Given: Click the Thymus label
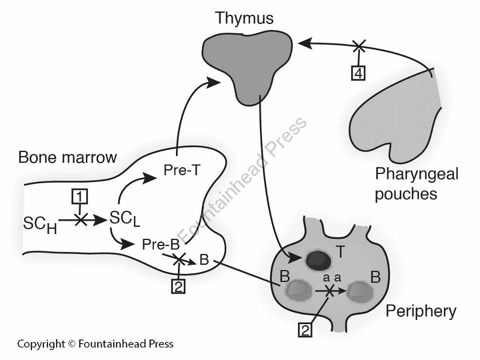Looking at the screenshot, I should click(x=244, y=18).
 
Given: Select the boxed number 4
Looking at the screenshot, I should click(x=358, y=73).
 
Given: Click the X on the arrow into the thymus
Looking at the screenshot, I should click(x=358, y=46).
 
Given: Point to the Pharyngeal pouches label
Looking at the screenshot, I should click(x=416, y=183).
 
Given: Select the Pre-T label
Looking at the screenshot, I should click(x=182, y=170).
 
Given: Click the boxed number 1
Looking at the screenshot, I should click(x=78, y=197).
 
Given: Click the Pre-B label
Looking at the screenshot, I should click(x=160, y=245).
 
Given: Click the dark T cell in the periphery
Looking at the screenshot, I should click(x=315, y=258).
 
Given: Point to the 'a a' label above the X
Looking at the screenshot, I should click(x=331, y=278).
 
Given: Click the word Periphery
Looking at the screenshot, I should click(x=420, y=311).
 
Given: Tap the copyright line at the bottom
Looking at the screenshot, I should click(x=95, y=343).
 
